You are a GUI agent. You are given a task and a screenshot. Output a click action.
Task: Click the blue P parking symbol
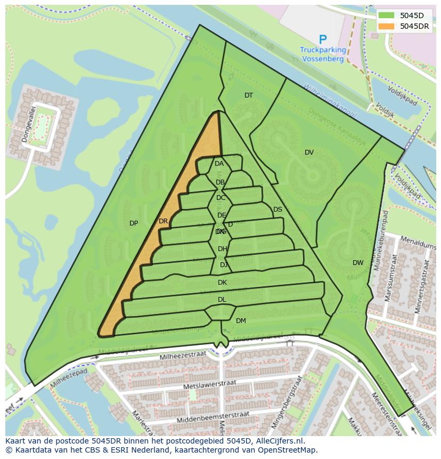pyautogui.click(x=322, y=39)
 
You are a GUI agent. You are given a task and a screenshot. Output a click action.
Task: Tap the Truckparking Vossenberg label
pyautogui.click(x=323, y=54)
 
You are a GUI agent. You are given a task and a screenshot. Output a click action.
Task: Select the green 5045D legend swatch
pyautogui.click(x=387, y=15)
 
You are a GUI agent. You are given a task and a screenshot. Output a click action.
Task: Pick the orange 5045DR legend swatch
pyautogui.click(x=387, y=26)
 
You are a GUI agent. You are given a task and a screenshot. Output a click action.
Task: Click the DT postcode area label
pyautogui.click(x=249, y=95)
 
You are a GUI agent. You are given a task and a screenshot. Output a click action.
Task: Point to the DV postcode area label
pyautogui.click(x=309, y=152)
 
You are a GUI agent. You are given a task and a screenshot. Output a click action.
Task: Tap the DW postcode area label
pyautogui.click(x=358, y=263)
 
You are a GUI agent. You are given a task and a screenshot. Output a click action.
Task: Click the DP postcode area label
pyautogui.click(x=134, y=223)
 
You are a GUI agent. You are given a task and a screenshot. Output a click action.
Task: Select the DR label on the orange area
pyautogui.click(x=163, y=221)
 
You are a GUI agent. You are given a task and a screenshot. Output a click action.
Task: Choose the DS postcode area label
pyautogui.click(x=277, y=210)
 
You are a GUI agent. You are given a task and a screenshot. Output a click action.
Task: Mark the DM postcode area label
pyautogui.click(x=241, y=321)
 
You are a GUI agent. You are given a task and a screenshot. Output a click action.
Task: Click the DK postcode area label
pyautogui.click(x=222, y=283)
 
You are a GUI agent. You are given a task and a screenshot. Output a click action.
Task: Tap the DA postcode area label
pyautogui.click(x=219, y=164)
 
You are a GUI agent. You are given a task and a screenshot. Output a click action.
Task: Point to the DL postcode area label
pyautogui.click(x=222, y=300)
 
